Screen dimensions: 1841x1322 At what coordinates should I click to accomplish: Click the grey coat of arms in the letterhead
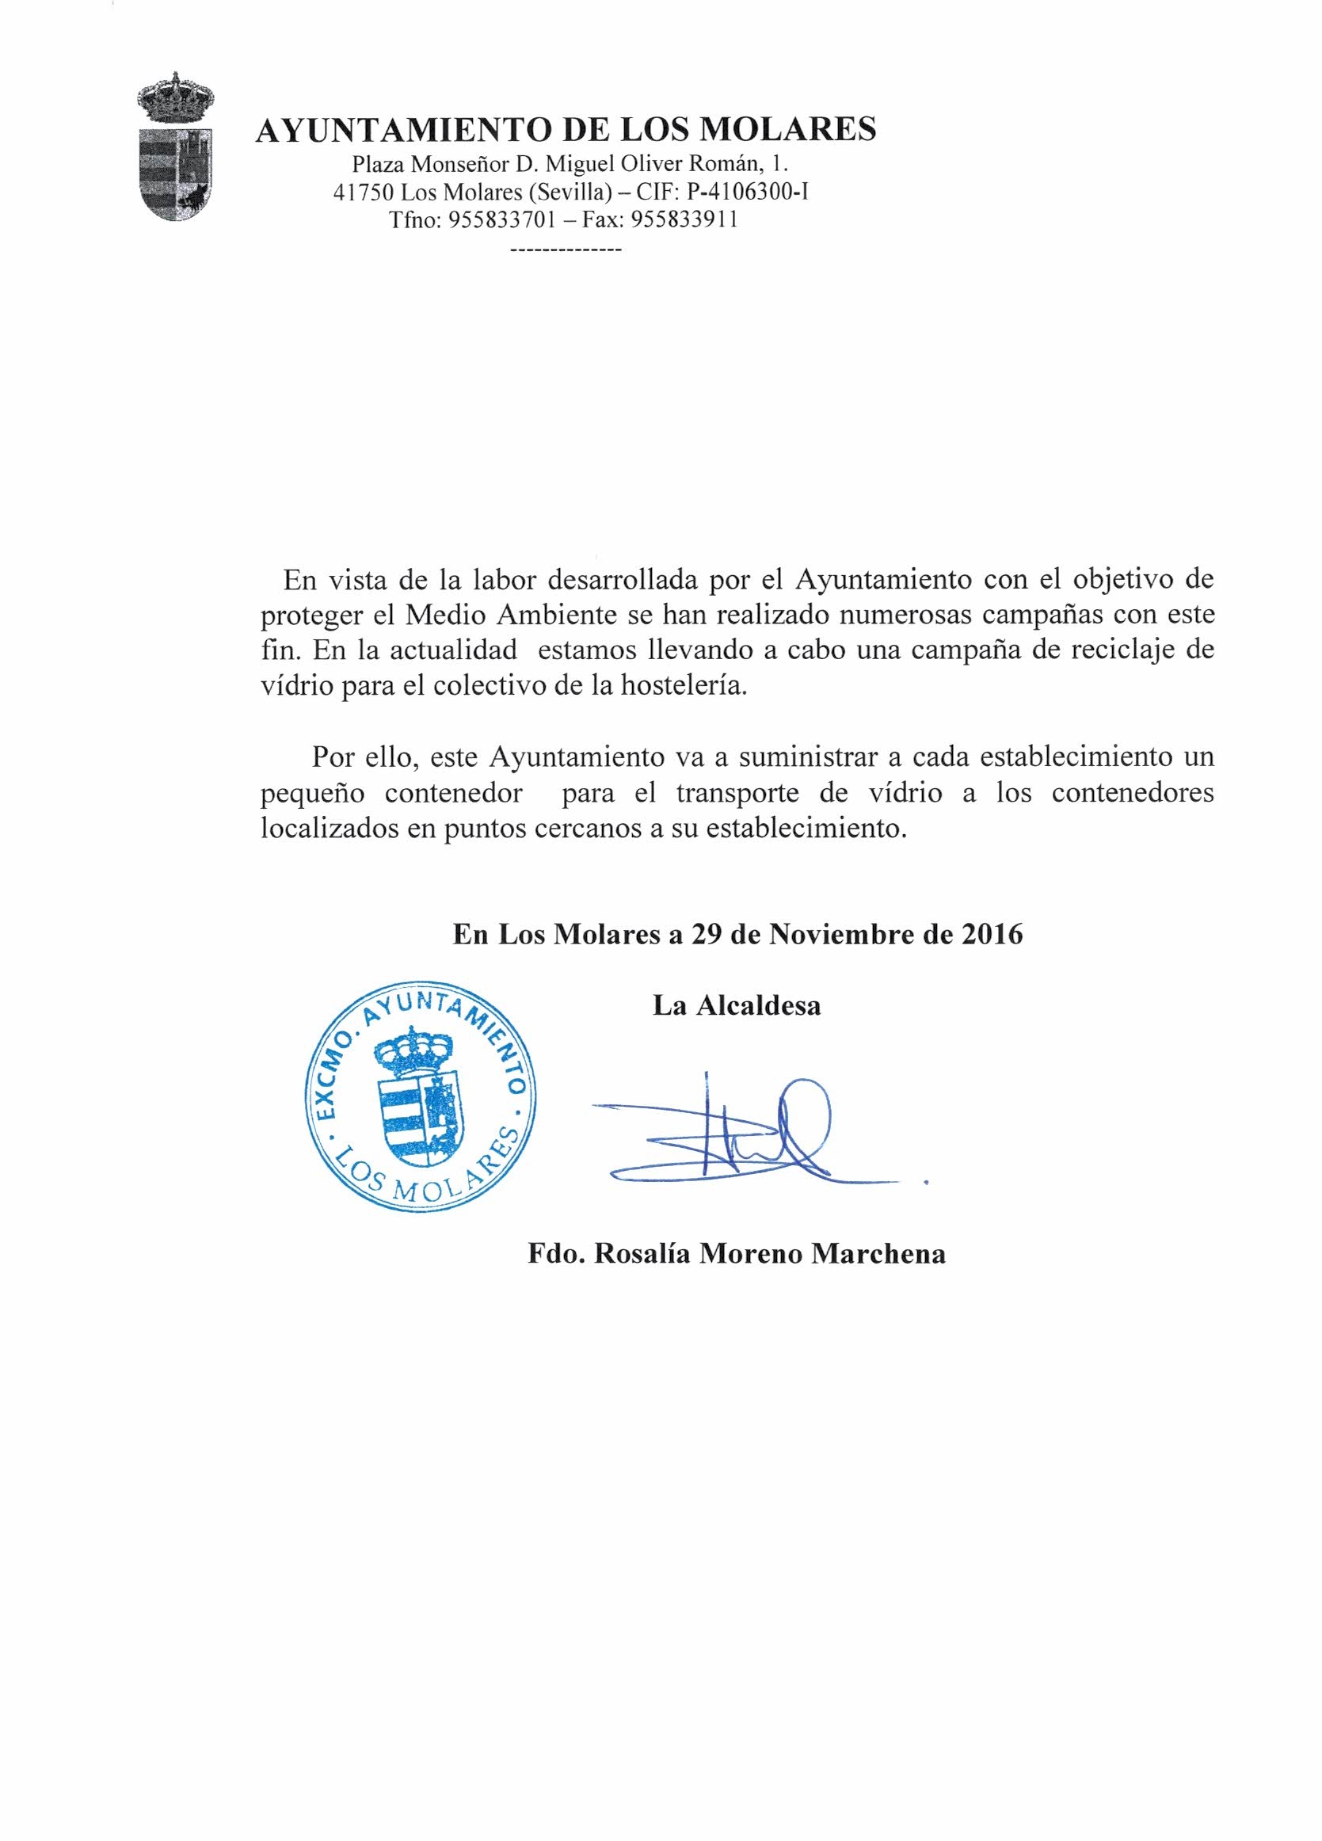pos(175,151)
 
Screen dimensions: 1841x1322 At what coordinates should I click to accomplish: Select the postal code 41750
pos(363,193)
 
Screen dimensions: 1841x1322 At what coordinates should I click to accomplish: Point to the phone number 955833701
pos(495,220)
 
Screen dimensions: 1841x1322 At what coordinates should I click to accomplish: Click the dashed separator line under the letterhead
pos(566,251)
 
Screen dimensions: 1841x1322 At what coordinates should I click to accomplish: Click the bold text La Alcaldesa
pos(737,1006)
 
